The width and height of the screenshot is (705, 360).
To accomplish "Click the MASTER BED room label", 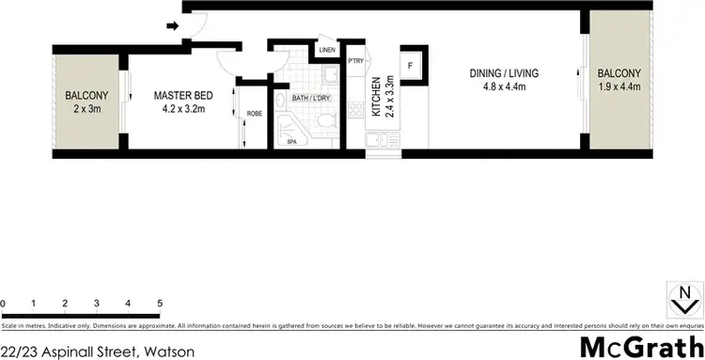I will pyautogui.click(x=182, y=95).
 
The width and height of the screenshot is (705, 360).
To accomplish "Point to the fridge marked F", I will pyautogui.click(x=411, y=66).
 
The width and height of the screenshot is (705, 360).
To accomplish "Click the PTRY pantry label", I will pyautogui.click(x=355, y=62).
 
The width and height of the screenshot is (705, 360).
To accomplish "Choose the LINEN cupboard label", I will pyautogui.click(x=327, y=50).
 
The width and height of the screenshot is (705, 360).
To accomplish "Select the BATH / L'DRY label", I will pyautogui.click(x=310, y=96).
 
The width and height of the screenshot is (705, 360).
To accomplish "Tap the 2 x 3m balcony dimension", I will pyautogui.click(x=86, y=109).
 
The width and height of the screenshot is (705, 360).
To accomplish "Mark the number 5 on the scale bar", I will pyautogui.click(x=161, y=304).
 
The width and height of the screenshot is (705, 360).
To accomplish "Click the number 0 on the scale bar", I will pyautogui.click(x=4, y=304).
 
